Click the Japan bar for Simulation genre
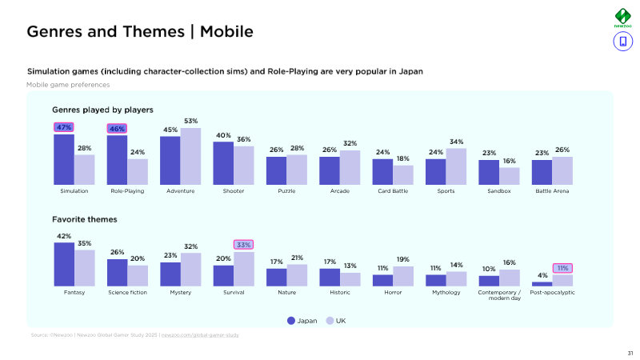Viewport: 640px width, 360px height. (64, 159)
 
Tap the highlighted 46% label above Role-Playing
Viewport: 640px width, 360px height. (117, 128)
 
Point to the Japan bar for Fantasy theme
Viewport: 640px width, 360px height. (64, 264)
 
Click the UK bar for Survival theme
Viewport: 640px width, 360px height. (243, 269)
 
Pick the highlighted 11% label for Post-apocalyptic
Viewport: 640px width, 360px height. (562, 268)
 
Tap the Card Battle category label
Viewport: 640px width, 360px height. (393, 191)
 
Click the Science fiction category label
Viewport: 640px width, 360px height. (127, 293)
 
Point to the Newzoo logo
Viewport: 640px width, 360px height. (622, 18)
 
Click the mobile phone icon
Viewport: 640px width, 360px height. (622, 42)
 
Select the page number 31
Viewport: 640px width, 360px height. (630, 352)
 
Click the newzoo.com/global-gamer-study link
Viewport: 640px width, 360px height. (200, 335)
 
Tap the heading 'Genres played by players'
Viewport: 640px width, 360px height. (102, 110)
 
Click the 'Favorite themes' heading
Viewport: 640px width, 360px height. (85, 218)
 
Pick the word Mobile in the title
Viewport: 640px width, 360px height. (226, 32)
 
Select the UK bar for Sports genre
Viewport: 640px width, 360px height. (456, 166)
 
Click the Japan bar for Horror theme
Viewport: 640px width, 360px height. (382, 280)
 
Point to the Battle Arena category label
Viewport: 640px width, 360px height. (552, 191)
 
